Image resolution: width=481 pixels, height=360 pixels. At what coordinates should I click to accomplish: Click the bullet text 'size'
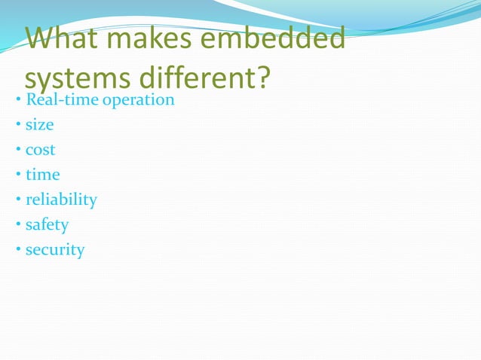click(x=39, y=124)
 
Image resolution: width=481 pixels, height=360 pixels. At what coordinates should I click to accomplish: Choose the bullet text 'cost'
click(x=40, y=149)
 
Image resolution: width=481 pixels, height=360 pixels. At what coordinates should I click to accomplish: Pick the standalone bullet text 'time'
click(x=42, y=174)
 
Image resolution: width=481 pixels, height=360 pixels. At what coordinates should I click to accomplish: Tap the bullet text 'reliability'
click(x=61, y=200)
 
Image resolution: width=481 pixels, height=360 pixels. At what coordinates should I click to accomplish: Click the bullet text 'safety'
click(x=47, y=224)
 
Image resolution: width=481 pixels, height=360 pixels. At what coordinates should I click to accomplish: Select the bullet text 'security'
click(x=55, y=249)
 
